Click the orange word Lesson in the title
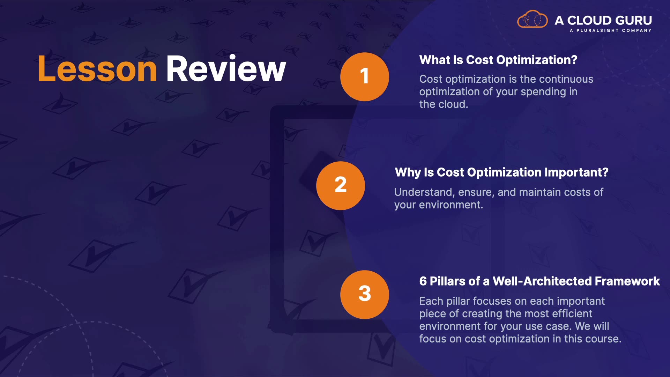(x=97, y=69)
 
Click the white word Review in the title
(x=226, y=69)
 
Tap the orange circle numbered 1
(x=365, y=77)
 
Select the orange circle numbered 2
(x=341, y=186)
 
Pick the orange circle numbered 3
(x=365, y=295)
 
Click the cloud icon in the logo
(x=533, y=19)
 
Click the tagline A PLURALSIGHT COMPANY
(x=611, y=30)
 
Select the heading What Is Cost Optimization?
(x=498, y=60)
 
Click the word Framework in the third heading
(x=627, y=281)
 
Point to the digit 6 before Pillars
(x=423, y=281)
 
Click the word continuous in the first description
(x=566, y=79)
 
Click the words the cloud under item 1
(x=444, y=104)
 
